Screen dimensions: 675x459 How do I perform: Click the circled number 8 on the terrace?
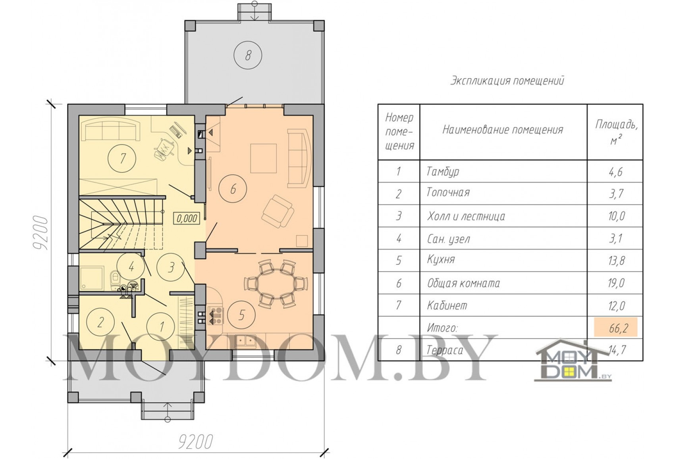[248, 55]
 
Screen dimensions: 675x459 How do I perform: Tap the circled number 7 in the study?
[122, 158]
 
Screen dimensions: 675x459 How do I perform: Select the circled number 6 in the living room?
[233, 189]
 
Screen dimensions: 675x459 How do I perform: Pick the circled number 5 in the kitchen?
[241, 315]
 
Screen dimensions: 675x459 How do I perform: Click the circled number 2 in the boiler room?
[100, 322]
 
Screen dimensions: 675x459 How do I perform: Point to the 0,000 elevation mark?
[187, 218]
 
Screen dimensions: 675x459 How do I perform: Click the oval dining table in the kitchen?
[276, 283]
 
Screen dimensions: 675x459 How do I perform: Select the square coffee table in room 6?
[263, 158]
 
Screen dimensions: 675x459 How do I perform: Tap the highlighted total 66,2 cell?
[615, 327]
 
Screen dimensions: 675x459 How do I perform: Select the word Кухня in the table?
[441, 260]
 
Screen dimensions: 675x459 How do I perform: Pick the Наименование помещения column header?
[503, 130]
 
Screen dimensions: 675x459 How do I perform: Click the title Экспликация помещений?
[507, 81]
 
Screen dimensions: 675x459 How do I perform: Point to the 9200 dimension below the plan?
[196, 442]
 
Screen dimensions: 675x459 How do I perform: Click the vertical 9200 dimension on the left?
[40, 232]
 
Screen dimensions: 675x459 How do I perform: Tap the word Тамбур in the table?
[443, 172]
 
